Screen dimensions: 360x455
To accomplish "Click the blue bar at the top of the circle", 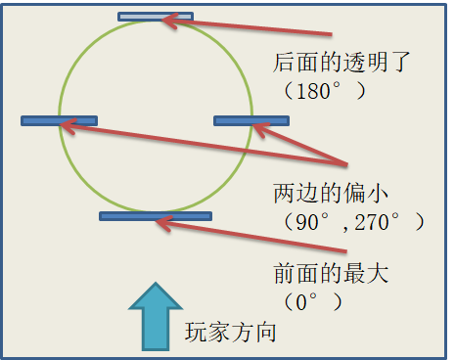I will pyautogui.click(x=155, y=17).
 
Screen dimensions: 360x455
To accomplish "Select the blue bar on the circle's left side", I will pyautogui.click(x=59, y=121).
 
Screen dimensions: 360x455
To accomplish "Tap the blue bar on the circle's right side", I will pyautogui.click(x=251, y=121).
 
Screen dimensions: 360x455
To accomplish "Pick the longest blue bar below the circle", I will pyautogui.click(x=156, y=215).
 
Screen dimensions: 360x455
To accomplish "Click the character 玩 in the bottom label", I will pyautogui.click(x=196, y=332).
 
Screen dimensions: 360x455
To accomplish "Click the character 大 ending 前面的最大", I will pyautogui.click(x=377, y=273).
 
